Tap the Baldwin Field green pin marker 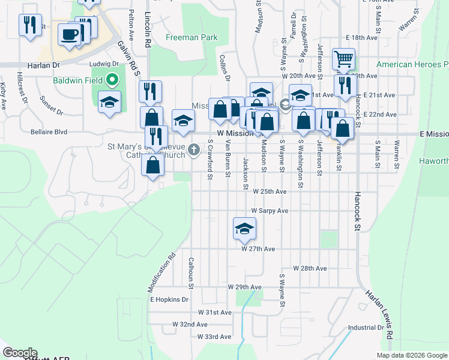[x=111, y=80]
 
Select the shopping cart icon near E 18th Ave [x=343, y=59]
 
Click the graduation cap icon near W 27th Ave [x=244, y=229]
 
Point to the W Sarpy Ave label [x=270, y=211]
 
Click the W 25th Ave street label [x=270, y=191]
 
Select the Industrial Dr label [x=366, y=328]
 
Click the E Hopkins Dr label [x=169, y=299]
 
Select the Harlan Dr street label [x=44, y=64]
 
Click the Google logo [x=20, y=353]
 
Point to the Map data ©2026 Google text [x=412, y=355]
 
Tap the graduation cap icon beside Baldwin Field [x=110, y=101]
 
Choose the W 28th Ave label [x=309, y=268]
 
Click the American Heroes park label [x=412, y=64]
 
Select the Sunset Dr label [x=51, y=106]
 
